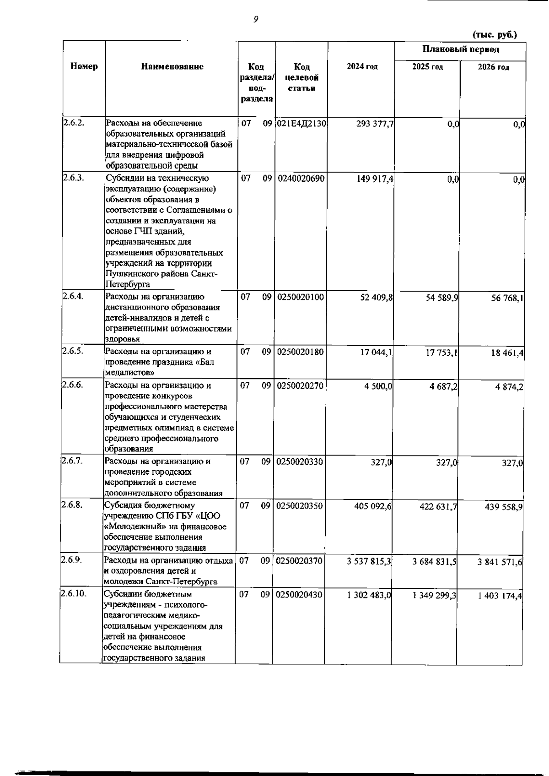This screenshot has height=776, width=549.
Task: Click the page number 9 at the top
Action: point(256,19)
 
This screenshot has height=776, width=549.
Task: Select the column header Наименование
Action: point(172,67)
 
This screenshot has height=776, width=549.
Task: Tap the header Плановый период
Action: point(460,49)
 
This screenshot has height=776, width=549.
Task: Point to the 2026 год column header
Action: point(493,67)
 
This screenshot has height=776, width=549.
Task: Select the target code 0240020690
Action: point(301,179)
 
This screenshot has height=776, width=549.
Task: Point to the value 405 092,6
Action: point(373,506)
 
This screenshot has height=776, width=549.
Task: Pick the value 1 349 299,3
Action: point(434,596)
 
